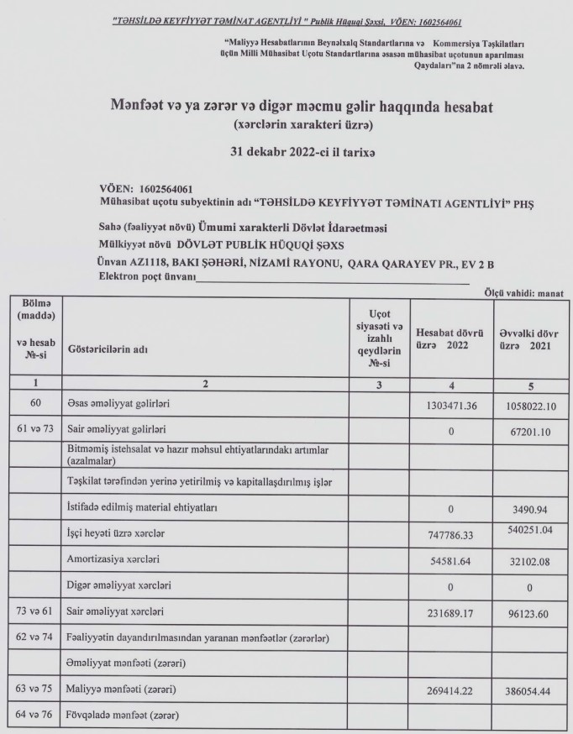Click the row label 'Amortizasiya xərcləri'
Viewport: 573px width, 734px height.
(x=115, y=558)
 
